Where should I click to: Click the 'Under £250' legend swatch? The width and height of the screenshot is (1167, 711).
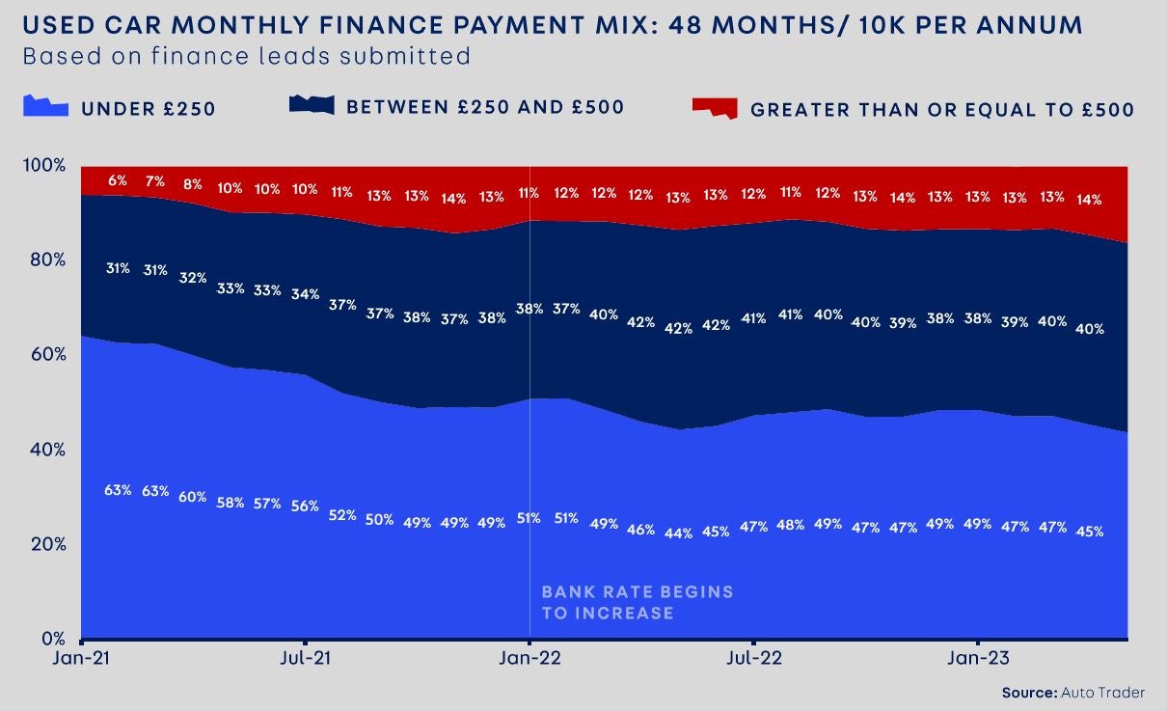click(45, 106)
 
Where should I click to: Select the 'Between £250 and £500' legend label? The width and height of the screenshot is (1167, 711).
click(485, 107)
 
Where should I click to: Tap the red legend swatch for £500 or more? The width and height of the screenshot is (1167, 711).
click(715, 107)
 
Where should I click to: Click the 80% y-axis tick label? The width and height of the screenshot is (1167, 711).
click(46, 260)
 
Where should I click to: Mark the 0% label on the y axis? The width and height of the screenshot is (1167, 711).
click(50, 639)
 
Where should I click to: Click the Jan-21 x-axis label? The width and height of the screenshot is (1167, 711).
click(81, 658)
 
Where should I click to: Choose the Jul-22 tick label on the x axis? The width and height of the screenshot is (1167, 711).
click(753, 658)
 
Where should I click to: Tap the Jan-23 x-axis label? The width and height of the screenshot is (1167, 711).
click(978, 658)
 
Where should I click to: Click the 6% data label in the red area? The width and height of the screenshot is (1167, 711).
click(118, 180)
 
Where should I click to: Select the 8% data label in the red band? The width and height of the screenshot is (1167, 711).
click(193, 185)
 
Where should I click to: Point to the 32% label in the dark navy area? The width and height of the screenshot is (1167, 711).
click(193, 278)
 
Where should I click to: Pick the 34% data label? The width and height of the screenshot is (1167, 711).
click(305, 294)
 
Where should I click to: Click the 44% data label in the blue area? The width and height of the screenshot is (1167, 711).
click(678, 533)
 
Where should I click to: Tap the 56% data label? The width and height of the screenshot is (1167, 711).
click(305, 506)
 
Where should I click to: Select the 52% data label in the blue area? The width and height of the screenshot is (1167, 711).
click(342, 515)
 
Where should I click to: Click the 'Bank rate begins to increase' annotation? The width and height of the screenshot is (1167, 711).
click(637, 602)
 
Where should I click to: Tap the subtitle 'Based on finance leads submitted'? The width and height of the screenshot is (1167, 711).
click(246, 56)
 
